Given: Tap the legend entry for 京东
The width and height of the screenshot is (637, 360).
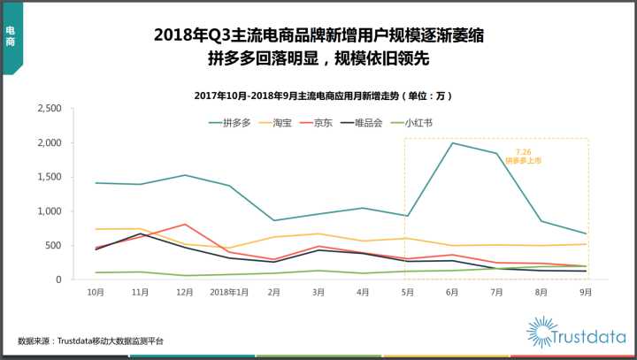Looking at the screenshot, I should coord(324,122).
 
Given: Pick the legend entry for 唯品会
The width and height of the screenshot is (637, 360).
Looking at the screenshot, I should coord(368,122).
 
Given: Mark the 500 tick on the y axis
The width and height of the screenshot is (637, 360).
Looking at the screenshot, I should coord(53,246).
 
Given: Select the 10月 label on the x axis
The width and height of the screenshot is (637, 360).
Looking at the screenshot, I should coord(96,290).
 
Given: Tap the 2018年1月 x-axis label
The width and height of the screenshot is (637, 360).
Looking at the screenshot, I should coord(229,290).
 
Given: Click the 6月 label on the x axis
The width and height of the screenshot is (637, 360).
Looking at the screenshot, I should coord(453,290).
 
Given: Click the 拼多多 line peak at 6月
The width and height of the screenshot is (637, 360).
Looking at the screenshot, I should coord(453,143).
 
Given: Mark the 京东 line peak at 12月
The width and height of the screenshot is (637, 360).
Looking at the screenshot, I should coord(185,224).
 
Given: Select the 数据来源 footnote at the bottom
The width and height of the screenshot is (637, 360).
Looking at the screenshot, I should coord(90,341).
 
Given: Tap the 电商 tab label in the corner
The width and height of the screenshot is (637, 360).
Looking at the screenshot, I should coord(10,36).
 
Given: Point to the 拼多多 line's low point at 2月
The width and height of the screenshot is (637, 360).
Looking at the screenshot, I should coord(274,220).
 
